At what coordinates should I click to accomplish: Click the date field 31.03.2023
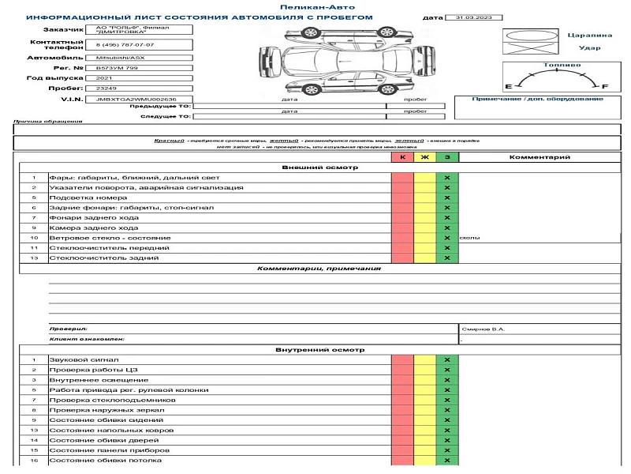point(470,17)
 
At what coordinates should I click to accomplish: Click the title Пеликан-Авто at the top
point(317,7)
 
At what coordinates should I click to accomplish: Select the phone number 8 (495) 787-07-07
point(126,45)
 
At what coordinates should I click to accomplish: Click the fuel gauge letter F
point(605,85)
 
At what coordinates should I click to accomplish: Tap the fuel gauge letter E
point(508,85)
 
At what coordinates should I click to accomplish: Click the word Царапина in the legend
point(589,36)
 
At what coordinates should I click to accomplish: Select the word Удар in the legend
point(589,48)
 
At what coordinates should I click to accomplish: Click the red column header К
point(402,157)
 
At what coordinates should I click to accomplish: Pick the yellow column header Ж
point(425,157)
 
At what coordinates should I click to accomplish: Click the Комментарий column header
point(540,157)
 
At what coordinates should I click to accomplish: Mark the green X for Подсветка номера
point(447,197)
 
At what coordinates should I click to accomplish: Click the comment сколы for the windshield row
point(469,238)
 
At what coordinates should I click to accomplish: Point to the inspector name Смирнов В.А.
point(482,329)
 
